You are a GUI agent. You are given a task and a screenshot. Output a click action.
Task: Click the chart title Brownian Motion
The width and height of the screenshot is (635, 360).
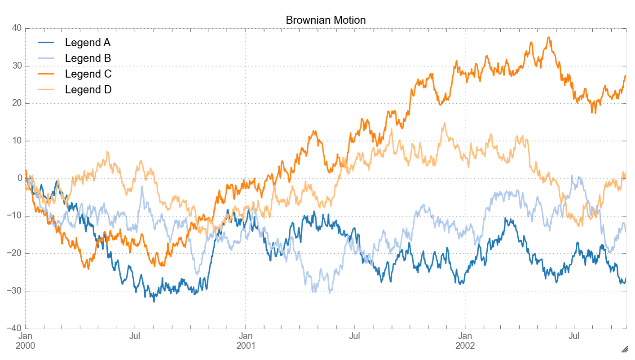[326, 20]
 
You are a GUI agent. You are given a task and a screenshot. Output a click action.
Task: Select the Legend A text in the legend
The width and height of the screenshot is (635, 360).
[88, 43]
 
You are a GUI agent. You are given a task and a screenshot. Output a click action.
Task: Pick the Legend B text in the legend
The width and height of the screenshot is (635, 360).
[88, 58]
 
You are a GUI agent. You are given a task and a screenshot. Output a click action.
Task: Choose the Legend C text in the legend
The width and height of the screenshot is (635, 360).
[88, 74]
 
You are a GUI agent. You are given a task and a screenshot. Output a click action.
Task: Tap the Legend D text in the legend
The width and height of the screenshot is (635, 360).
[88, 89]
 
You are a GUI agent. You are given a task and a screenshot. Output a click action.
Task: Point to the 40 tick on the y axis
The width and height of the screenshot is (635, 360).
[17, 28]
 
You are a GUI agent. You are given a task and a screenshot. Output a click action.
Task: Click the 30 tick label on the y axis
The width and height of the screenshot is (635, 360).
[17, 66]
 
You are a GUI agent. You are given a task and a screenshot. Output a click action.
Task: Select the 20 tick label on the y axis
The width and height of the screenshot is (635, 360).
[17, 103]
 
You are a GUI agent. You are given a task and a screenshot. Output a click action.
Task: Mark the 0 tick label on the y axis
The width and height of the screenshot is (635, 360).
[19, 178]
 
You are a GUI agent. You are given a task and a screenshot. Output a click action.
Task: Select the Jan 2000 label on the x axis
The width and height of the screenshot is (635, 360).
[25, 341]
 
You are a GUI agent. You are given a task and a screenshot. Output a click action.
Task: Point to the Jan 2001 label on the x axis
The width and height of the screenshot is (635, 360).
[245, 341]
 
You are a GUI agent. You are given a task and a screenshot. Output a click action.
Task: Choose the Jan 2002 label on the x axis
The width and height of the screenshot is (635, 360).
[465, 341]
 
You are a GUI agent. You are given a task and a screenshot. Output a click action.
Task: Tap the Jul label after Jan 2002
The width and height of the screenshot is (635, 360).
[574, 336]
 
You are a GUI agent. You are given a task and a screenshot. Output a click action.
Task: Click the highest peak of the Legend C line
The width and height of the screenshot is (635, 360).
[549, 38]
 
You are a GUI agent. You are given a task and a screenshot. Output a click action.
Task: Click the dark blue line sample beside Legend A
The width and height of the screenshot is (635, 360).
[46, 43]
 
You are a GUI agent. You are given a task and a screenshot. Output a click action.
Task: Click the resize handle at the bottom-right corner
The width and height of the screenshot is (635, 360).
[624, 349]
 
